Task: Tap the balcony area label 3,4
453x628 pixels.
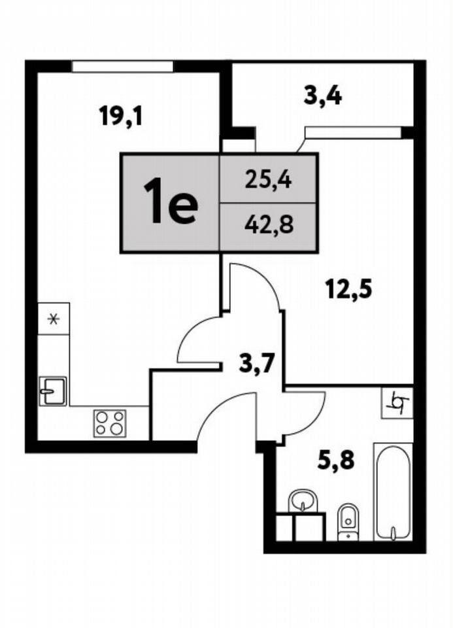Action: (323, 96)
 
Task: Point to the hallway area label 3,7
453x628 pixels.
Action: (256, 364)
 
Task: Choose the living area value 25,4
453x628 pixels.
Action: (269, 181)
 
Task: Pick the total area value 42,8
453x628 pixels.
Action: (269, 225)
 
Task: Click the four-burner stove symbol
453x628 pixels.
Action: (110, 423)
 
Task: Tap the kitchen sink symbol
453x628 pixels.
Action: (53, 391)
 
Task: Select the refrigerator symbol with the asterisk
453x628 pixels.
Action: (53, 319)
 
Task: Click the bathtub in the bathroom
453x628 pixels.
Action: (393, 492)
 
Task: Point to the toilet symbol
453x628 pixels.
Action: (348, 522)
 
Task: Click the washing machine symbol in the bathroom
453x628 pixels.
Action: (397, 403)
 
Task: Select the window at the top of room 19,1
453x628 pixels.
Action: (122, 67)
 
